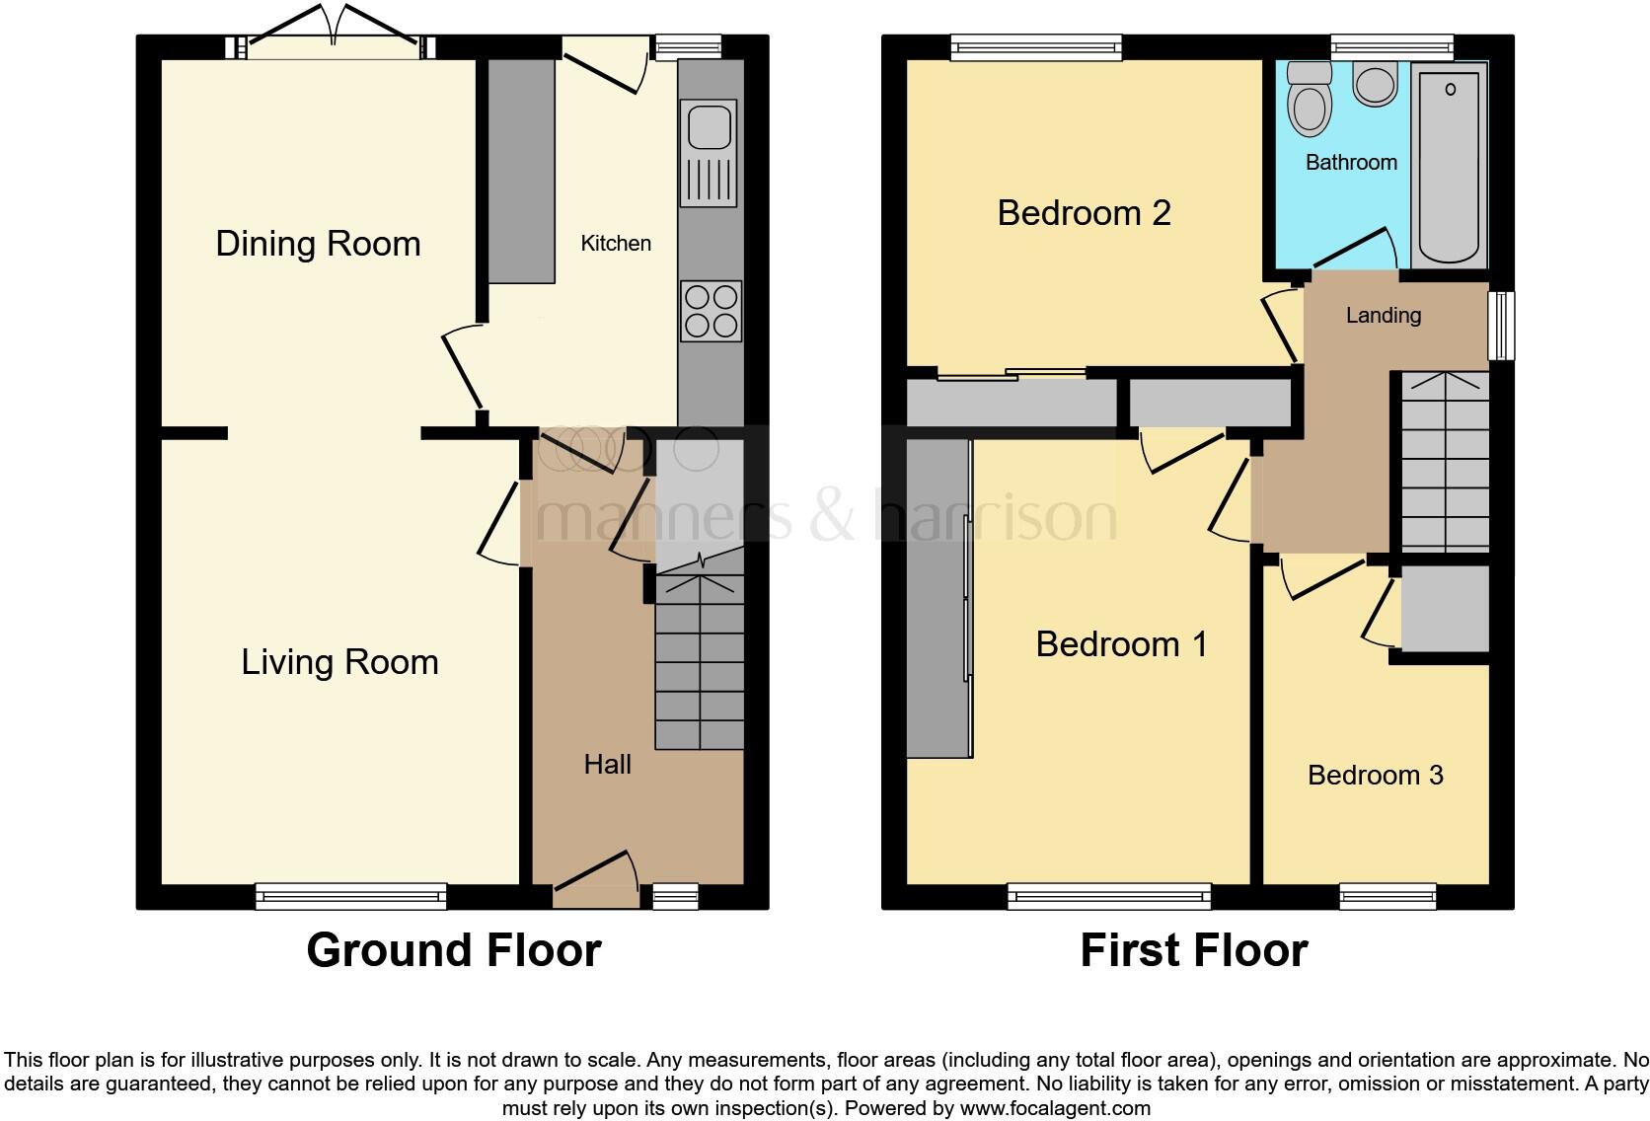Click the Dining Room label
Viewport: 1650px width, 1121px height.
pos(318,244)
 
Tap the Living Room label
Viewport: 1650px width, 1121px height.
pos(339,662)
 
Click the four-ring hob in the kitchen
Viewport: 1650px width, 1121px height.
pos(711,311)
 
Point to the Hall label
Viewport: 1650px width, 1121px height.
pos(607,764)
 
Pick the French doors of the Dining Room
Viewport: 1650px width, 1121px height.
pos(336,44)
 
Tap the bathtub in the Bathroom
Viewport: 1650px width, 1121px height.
pos(1449,165)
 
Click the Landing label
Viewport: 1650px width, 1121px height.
pos(1384,316)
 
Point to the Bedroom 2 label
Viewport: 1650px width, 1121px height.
pos(1084,213)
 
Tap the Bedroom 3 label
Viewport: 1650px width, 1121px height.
pos(1375,776)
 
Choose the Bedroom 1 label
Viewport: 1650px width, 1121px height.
pos(1121,644)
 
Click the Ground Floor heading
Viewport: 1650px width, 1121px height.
pos(453,950)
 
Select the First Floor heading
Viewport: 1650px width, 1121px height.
pos(1193,950)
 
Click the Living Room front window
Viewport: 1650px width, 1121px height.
pos(350,896)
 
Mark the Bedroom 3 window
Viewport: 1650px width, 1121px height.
pos(1387,896)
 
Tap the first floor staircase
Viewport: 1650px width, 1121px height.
pos(1445,461)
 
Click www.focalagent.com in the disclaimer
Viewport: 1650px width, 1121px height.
pos(1055,1108)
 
